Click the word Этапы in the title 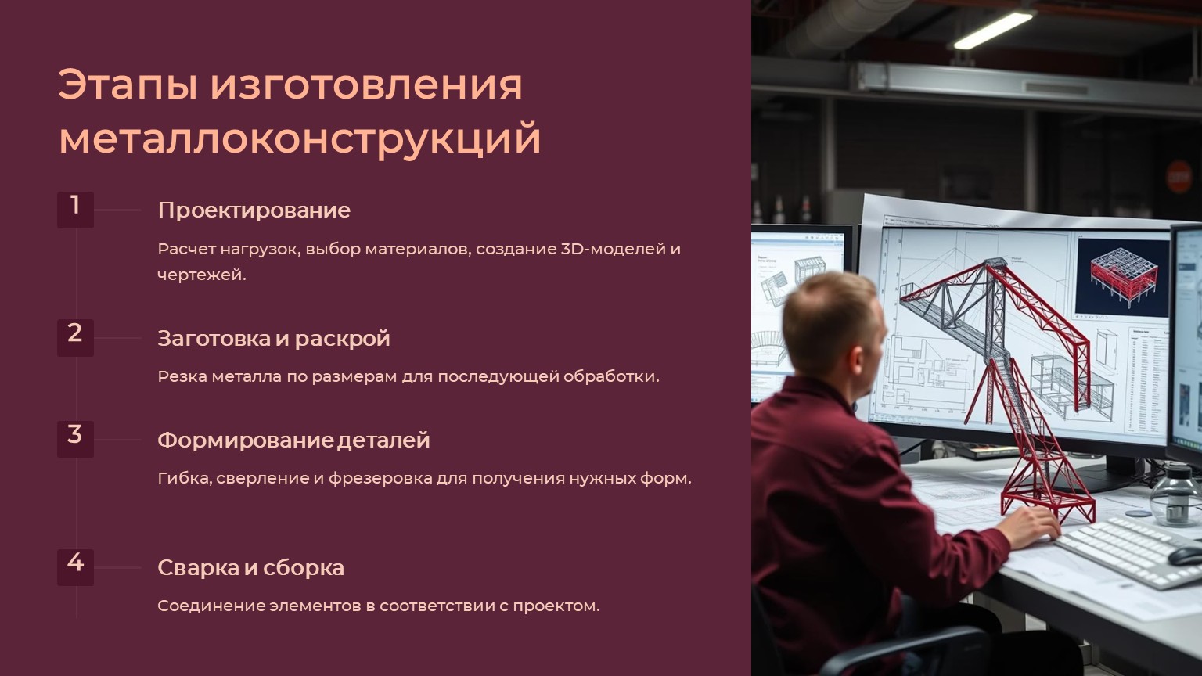click(x=128, y=84)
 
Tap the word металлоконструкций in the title click(x=300, y=139)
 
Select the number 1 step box click(x=76, y=210)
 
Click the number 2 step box click(x=76, y=338)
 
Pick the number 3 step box click(x=76, y=440)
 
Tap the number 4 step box click(x=76, y=567)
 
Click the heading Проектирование click(x=254, y=210)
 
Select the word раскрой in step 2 click(x=342, y=339)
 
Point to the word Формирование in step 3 click(x=245, y=440)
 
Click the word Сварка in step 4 click(x=198, y=567)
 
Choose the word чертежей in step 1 click(x=202, y=275)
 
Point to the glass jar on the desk click(x=1175, y=496)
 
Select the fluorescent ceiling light click(x=993, y=31)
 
